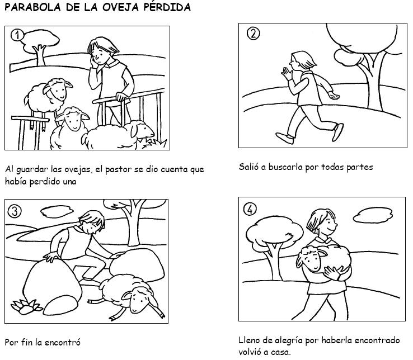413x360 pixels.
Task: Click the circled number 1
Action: point(17,35)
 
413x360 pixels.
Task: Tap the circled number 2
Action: point(253,34)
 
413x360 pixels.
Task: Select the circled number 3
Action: point(15,211)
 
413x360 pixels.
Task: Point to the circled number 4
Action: point(250,210)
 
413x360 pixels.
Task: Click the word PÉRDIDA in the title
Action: point(167,7)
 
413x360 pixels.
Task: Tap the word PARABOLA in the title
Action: point(33,7)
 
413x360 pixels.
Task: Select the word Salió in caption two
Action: point(248,167)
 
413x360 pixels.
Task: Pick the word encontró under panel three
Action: point(63,342)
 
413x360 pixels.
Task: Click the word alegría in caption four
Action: point(288,340)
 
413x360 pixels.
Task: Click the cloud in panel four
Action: point(373,215)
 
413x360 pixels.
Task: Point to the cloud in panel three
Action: point(57,211)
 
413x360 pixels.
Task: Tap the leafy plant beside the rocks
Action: point(26,306)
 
